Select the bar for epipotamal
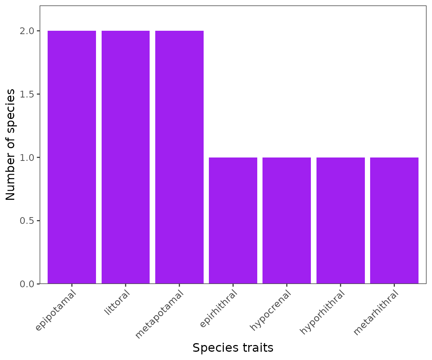coord(72,157)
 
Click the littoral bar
coord(126,157)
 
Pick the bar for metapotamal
coord(179,157)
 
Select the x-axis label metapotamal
coord(159,315)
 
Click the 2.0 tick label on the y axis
coord(27,31)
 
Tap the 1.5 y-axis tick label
coord(27,94)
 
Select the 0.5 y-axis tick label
coord(27,220)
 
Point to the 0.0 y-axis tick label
coord(27,284)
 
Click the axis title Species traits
coord(233,348)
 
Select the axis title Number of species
coord(11,144)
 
